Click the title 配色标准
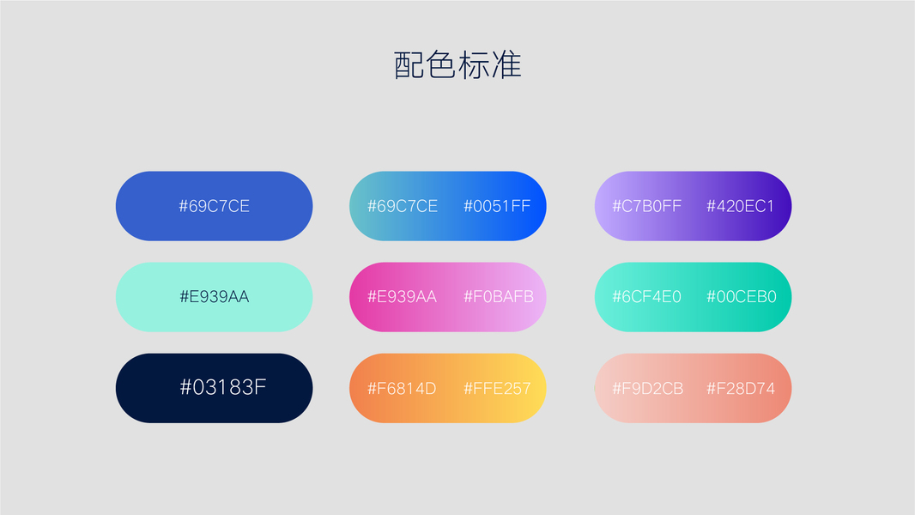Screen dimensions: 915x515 pyautogui.click(x=457, y=64)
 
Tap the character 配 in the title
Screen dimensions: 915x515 pyautogui.click(x=409, y=64)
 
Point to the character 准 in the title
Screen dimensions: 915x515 pyautogui.click(x=506, y=64)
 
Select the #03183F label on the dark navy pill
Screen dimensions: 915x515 pyautogui.click(x=223, y=387)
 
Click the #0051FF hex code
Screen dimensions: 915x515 pyautogui.click(x=497, y=206)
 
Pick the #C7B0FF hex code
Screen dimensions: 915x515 pyautogui.click(x=646, y=206)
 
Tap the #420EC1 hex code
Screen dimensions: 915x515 pyautogui.click(x=741, y=206)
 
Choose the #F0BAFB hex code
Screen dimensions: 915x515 pyautogui.click(x=499, y=297)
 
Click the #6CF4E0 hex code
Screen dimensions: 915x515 pyautogui.click(x=646, y=297)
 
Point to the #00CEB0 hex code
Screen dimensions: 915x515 pyautogui.click(x=741, y=297)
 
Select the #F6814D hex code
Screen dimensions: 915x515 pyautogui.click(x=402, y=389)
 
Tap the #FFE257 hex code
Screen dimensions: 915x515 pyautogui.click(x=497, y=389)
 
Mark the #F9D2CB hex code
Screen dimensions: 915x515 pyautogui.click(x=648, y=389)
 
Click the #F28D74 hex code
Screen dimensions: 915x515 pyautogui.click(x=741, y=389)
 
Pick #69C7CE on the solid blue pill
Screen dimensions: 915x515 pyautogui.click(x=215, y=206)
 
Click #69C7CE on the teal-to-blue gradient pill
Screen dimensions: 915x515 pyautogui.click(x=403, y=206)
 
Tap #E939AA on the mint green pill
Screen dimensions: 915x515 pyautogui.click(x=215, y=297)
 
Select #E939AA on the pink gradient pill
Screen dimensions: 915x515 pyautogui.click(x=402, y=297)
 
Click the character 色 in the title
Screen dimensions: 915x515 pyautogui.click(x=441, y=64)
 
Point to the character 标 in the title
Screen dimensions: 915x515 pyautogui.click(x=473, y=64)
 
